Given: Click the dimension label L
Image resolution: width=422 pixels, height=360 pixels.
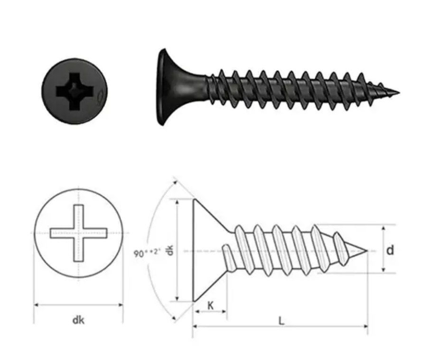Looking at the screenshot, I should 281,321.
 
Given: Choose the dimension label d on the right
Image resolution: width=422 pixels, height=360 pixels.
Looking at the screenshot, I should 390,250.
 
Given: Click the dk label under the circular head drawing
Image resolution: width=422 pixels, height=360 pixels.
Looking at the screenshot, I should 78,320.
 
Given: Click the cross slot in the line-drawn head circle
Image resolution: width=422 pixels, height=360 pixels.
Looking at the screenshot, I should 78,233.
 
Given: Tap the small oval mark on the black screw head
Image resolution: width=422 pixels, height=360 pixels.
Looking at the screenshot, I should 100,98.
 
